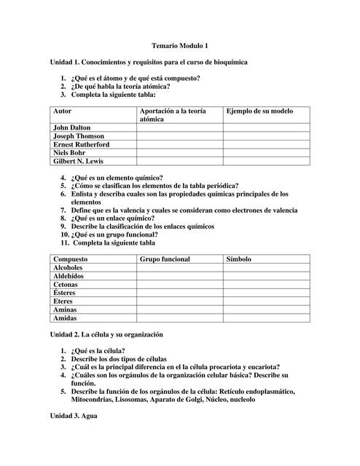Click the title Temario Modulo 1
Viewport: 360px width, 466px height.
(x=179, y=45)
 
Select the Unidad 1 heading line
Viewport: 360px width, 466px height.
(x=149, y=63)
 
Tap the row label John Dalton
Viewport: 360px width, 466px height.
(x=71, y=127)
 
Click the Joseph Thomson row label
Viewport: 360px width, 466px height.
(x=78, y=136)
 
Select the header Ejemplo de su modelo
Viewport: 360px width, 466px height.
(x=259, y=110)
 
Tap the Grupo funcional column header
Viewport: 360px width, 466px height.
(x=165, y=258)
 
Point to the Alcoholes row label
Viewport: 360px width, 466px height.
(x=69, y=267)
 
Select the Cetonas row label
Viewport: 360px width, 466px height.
(x=66, y=285)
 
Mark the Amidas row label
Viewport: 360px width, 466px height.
(x=65, y=318)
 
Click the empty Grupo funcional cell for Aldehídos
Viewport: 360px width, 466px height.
(x=179, y=276)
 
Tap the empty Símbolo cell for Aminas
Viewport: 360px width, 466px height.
(x=266, y=309)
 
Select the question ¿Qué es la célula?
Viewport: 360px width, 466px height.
(x=98, y=351)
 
